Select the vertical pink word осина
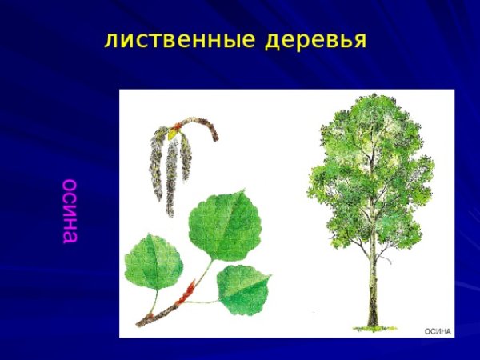(x=70, y=210)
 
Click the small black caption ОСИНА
(x=438, y=330)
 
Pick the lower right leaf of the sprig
(x=244, y=288)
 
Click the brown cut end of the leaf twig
(x=139, y=324)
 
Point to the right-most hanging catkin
(x=186, y=156)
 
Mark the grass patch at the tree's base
(x=372, y=324)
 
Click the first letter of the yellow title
(x=110, y=41)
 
